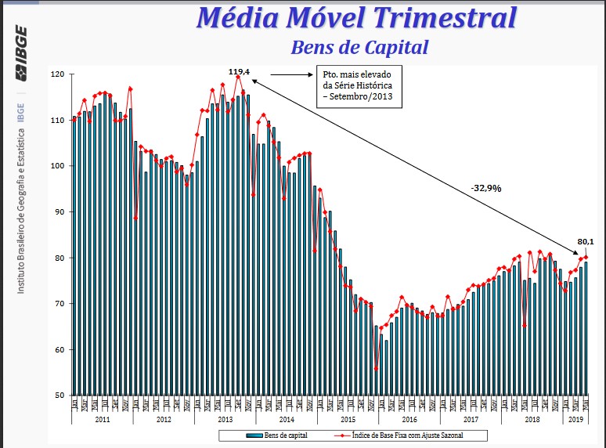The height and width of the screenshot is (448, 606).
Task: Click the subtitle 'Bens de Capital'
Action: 359,47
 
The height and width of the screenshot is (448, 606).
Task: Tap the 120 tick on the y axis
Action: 57,74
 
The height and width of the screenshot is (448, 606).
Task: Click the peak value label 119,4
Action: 239,72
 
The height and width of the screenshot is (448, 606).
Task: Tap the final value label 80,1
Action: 586,241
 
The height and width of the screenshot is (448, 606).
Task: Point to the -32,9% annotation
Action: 486,188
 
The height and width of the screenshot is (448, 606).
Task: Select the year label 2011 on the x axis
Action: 102,420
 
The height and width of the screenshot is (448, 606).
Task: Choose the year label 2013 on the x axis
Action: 225,420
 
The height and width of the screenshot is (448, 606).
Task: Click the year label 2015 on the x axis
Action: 348,420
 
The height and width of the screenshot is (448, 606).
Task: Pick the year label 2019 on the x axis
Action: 575,420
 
